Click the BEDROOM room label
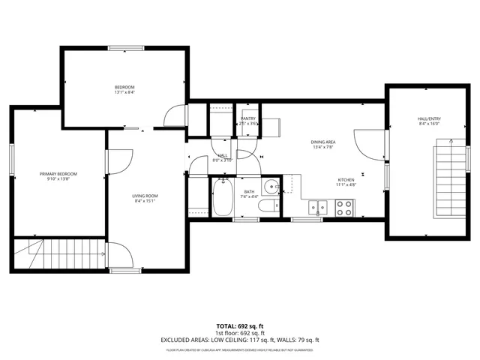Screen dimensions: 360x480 pyautogui.click(x=124, y=88)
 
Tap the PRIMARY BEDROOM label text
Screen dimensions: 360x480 pyautogui.click(x=58, y=173)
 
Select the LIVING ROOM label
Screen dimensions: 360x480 pyautogui.click(x=146, y=196)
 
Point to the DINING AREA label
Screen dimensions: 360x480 pyautogui.click(x=323, y=142)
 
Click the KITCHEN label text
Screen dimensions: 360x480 pyautogui.click(x=346, y=180)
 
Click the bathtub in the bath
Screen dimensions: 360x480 pyautogui.click(x=223, y=196)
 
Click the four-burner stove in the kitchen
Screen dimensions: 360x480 pyautogui.click(x=345, y=208)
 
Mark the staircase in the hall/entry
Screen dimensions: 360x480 pyautogui.click(x=448, y=180)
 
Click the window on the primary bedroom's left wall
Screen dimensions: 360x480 pyautogui.click(x=12, y=161)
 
